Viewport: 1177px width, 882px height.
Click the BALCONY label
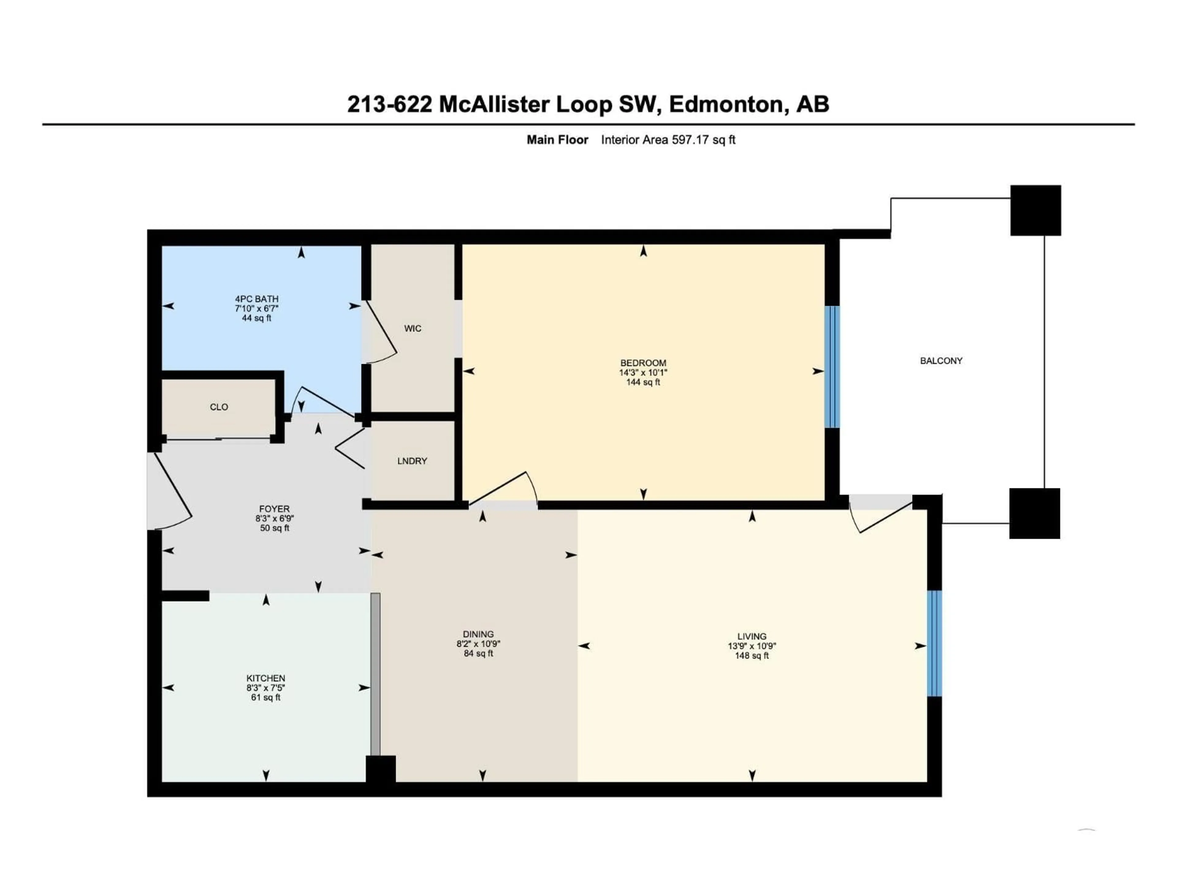pos(941,360)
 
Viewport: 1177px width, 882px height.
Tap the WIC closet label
pos(412,329)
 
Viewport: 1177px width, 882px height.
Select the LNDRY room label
pos(412,461)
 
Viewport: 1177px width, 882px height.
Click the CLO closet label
pos(219,407)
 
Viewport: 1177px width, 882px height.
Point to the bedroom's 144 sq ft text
pos(643,382)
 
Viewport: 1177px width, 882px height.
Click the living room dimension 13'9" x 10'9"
pos(752,646)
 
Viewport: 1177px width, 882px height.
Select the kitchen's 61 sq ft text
pos(265,698)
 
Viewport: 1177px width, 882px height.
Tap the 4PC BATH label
pos(257,299)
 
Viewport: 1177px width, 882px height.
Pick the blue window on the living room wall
pos(934,643)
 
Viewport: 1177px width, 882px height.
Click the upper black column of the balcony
pos(1035,210)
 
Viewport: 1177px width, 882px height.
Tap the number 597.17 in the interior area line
pos(691,140)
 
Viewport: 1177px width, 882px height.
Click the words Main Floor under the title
pos(557,140)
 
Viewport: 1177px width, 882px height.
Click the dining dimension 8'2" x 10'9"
pos(478,644)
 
